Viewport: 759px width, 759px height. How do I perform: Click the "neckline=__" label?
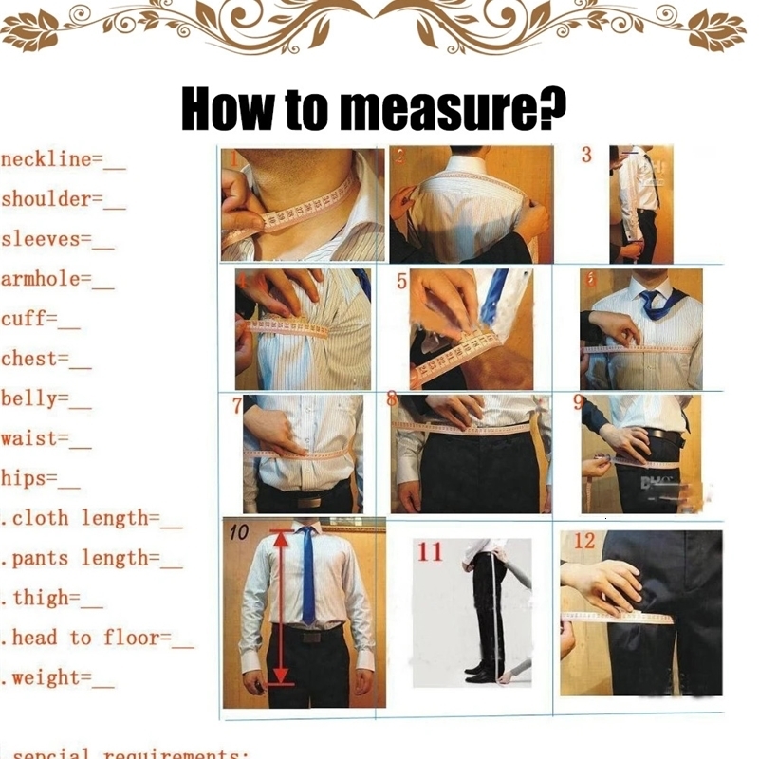(63, 159)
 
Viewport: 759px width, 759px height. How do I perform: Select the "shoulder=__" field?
(63, 199)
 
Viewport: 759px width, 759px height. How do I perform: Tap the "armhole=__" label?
(57, 279)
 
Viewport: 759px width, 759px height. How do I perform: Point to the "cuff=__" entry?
(40, 319)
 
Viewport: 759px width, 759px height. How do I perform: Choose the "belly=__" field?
(46, 398)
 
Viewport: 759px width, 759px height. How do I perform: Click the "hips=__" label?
(40, 478)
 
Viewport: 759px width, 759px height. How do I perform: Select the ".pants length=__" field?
(93, 558)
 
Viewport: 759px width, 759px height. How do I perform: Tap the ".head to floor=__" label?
(99, 638)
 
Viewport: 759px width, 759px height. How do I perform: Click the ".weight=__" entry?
(59, 677)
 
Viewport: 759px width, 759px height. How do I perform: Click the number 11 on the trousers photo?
(430, 551)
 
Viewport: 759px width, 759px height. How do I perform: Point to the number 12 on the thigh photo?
(584, 541)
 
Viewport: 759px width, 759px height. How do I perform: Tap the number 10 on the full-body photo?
(238, 533)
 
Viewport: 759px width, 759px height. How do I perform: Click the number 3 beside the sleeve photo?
(586, 155)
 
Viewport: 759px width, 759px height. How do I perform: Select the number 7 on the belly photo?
(237, 406)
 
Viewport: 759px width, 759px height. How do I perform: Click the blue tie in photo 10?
(307, 579)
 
